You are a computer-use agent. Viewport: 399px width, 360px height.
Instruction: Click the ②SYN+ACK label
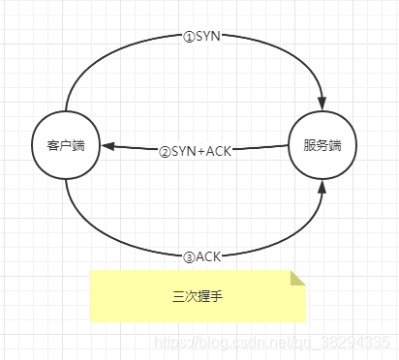tap(197, 151)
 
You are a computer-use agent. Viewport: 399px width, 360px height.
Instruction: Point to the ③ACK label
tap(201, 256)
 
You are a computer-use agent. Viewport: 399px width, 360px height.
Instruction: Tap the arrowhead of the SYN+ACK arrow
tap(107, 147)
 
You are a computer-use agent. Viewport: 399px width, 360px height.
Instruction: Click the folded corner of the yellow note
tap(298, 279)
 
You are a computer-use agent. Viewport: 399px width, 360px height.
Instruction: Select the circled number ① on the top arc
tap(189, 36)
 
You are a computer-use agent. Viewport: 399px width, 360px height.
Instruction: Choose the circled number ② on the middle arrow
tap(165, 152)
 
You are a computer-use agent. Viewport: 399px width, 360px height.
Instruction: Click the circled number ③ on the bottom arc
tap(188, 256)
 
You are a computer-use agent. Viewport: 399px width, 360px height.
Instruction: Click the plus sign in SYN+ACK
tap(201, 152)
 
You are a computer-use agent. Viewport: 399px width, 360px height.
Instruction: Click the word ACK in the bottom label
tap(208, 256)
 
